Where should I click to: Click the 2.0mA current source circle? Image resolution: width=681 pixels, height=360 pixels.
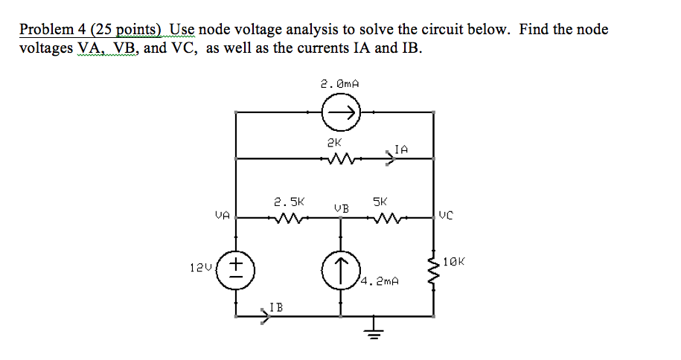click(x=341, y=113)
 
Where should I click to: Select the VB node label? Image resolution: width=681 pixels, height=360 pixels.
click(x=341, y=208)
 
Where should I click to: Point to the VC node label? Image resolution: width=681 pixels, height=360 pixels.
click(x=445, y=216)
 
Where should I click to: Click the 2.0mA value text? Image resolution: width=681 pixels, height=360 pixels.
click(x=340, y=85)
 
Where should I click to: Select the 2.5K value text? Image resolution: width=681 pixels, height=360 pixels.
click(x=288, y=201)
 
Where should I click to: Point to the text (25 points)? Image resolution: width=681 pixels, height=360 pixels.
click(x=127, y=30)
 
